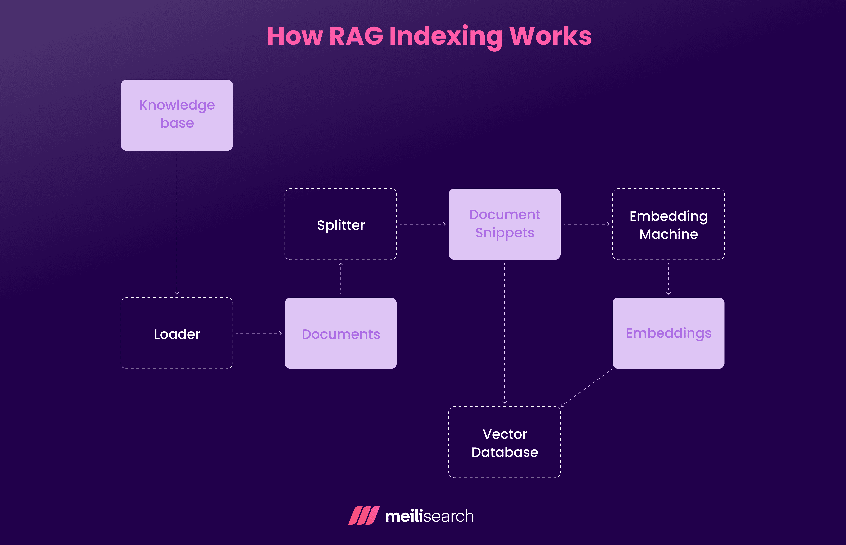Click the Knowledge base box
tap(177, 115)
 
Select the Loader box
tap(177, 333)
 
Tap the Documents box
tap(341, 333)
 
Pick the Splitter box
tap(341, 224)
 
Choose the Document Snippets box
tap(505, 224)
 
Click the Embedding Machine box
tap(668, 224)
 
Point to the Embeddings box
tap(668, 333)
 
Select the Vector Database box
tap(505, 442)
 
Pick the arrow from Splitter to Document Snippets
tap(422, 224)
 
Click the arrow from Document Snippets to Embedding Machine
tap(586, 224)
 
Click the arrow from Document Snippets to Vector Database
tap(505, 333)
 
